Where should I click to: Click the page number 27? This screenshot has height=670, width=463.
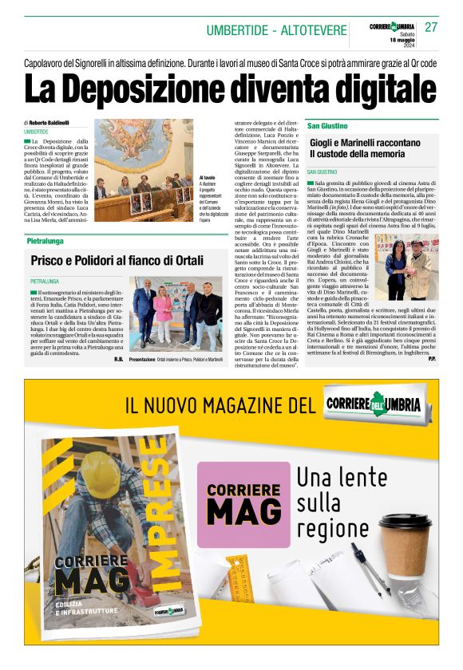coord(431,27)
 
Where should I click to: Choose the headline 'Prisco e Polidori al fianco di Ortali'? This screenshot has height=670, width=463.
coord(117,260)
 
